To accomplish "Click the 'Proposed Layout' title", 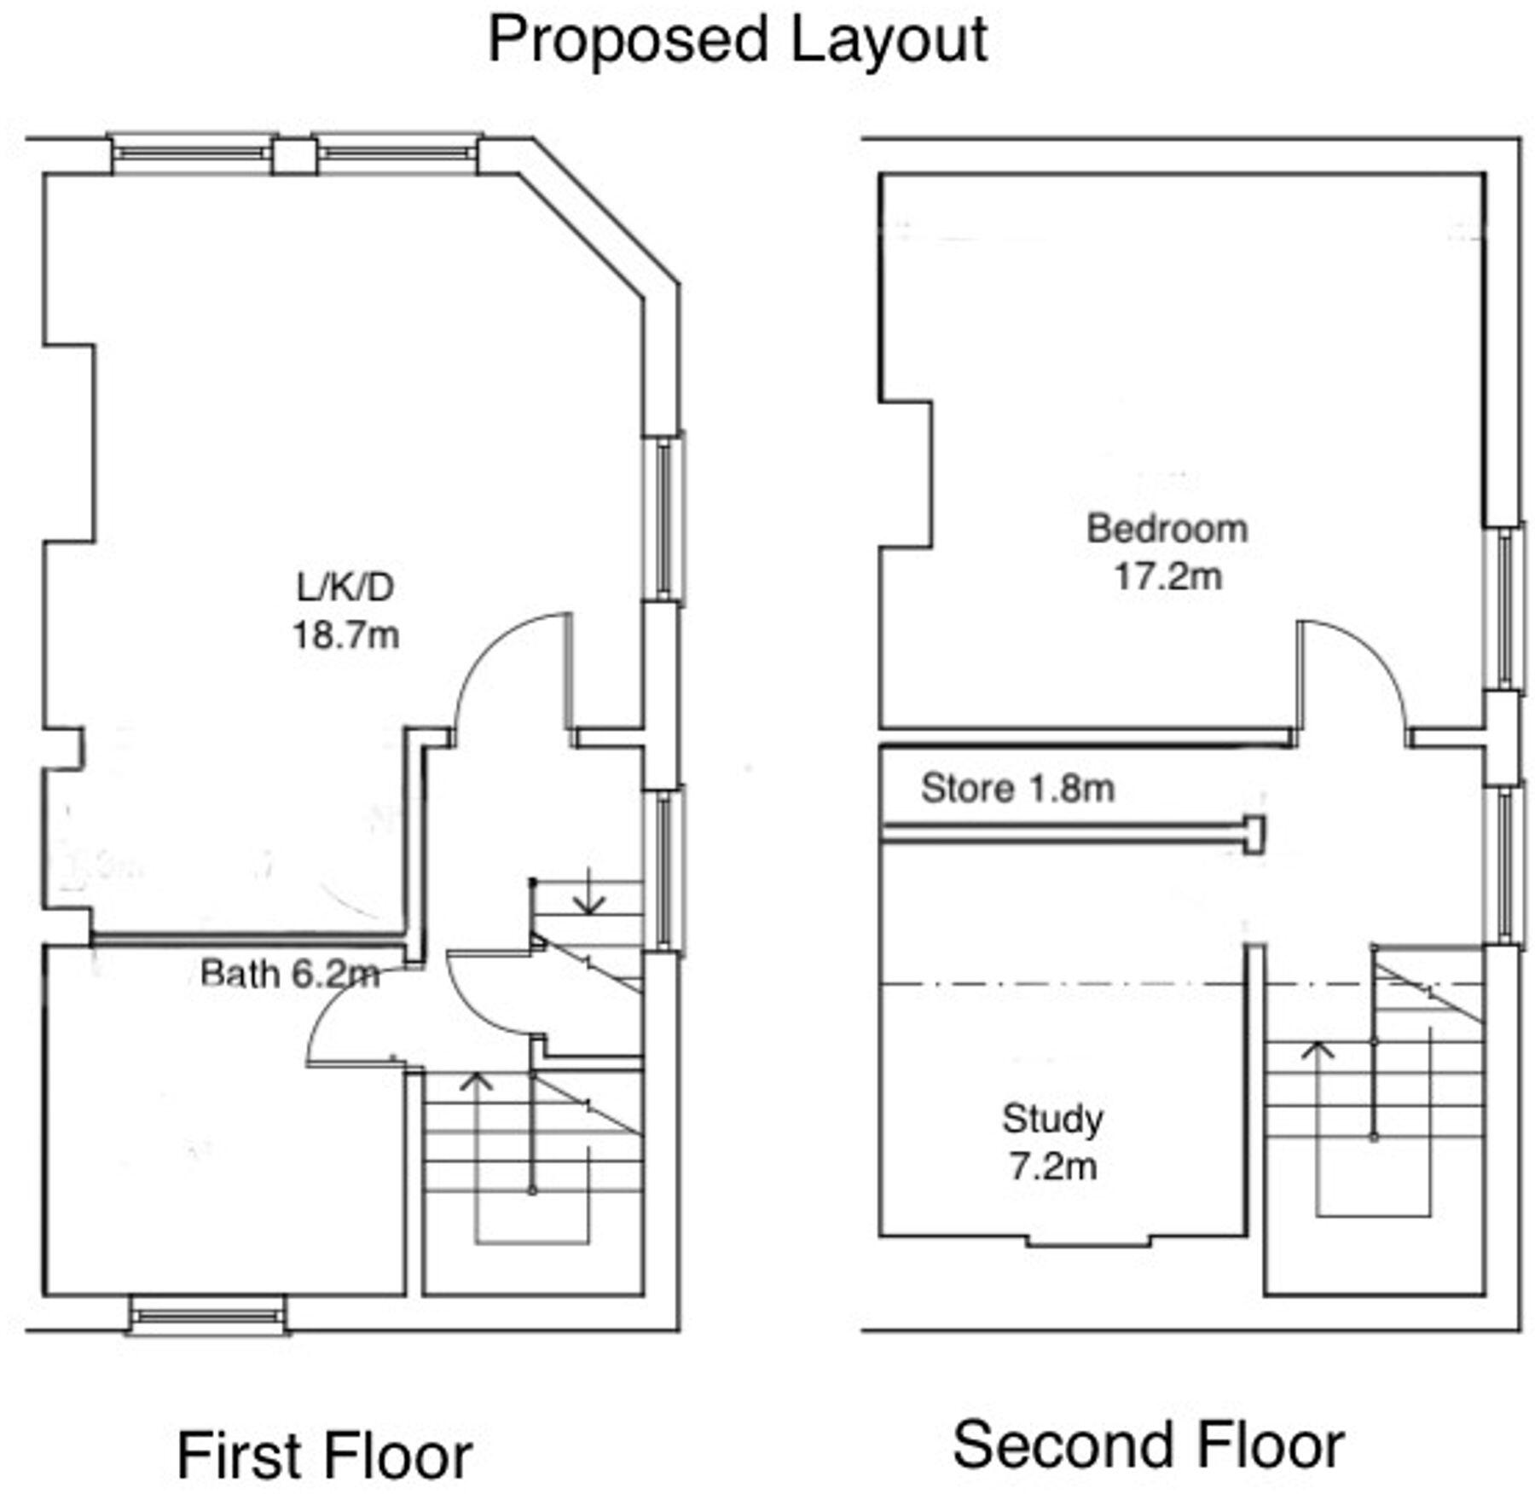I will click(737, 40).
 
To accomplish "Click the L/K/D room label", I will click(345, 588).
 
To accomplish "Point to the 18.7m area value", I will click(345, 635).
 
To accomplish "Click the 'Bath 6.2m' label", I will click(290, 974).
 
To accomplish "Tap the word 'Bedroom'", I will click(1167, 530).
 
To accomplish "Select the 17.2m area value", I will click(1167, 577).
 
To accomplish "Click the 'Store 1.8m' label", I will click(1017, 789).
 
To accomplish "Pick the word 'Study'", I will click(1052, 1119).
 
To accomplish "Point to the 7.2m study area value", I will click(1053, 1167).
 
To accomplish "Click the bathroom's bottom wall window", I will click(207, 1316).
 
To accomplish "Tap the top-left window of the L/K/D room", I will click(193, 153).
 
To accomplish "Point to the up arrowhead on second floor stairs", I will click(1319, 1048).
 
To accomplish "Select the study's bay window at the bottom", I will click(1087, 1241).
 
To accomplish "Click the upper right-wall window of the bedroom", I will click(1503, 608).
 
